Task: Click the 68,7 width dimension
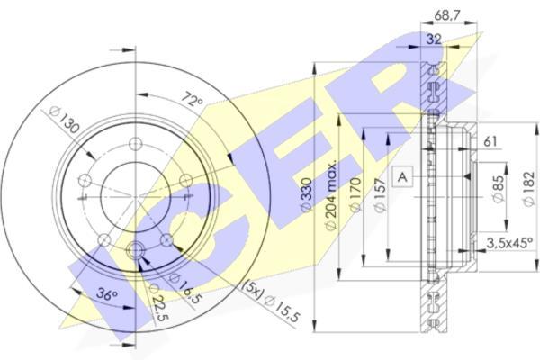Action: pos(447,15)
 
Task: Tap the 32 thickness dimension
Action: pos(434,40)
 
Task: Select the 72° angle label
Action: pos(193,99)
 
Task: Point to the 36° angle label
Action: pos(107,294)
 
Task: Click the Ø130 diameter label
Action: pos(65,120)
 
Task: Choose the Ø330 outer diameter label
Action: pos(306,194)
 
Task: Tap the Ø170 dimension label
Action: pos(355,194)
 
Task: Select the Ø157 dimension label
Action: pos(379,195)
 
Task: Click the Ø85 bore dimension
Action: pos(499,189)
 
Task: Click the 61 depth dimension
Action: pos(490,141)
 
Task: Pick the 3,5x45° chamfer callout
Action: pos(509,243)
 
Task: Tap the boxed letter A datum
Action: pos(402,176)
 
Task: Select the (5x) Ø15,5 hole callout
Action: pos(271,301)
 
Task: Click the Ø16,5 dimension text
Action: pos(184,289)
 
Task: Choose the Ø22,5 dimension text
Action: pos(158,302)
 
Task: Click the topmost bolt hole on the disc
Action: pos(135,144)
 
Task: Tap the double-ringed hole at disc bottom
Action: pos(135,250)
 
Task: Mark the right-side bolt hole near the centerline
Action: pos(186,181)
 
